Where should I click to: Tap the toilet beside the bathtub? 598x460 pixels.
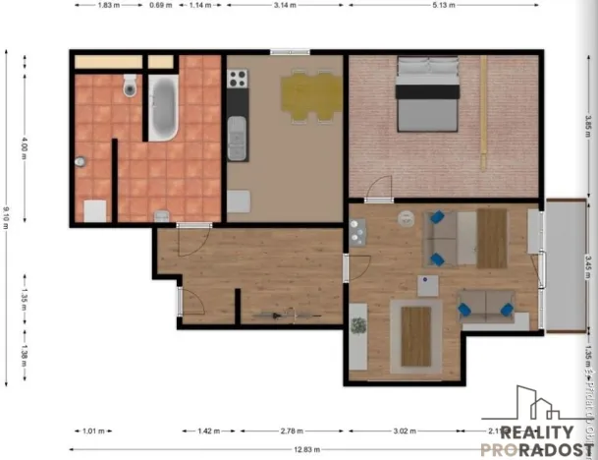tap(130, 89)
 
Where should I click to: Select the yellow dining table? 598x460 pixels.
tap(309, 95)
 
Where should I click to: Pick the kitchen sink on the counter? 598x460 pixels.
tap(237, 137)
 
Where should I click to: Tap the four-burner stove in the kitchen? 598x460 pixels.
tap(356, 232)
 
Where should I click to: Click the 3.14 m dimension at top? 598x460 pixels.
tap(285, 5)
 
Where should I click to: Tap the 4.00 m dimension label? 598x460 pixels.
tap(25, 149)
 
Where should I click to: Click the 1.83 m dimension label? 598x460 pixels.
tap(108, 5)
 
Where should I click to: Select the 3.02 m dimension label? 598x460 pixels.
tap(405, 431)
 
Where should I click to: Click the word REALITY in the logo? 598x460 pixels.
tap(538, 433)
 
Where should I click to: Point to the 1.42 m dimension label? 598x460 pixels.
tap(207, 431)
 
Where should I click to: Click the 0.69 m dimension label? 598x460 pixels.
tap(157, 5)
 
